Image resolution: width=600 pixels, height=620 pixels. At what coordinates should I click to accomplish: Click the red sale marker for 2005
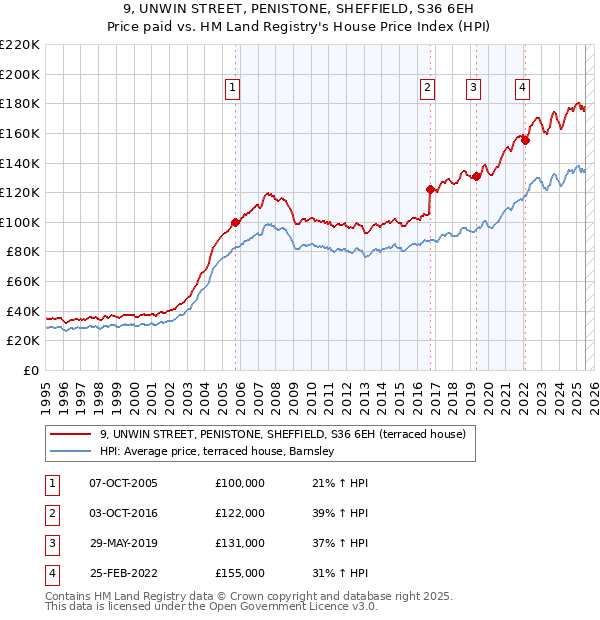point(236,222)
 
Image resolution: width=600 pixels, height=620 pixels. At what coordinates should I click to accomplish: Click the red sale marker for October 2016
point(430,189)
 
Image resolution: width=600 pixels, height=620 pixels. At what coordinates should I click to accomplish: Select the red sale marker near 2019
point(477,176)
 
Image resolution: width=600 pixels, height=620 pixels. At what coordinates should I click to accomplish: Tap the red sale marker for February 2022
point(525,140)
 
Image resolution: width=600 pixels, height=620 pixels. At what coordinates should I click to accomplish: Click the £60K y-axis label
point(24,282)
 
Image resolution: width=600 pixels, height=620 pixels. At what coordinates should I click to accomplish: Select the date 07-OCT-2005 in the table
point(123,483)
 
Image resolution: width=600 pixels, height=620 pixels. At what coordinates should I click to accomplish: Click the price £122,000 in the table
point(239,513)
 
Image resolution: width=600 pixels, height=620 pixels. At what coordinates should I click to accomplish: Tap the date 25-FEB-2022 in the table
point(123,573)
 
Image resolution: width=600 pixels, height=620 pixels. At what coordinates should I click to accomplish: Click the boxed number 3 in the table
point(49,543)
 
